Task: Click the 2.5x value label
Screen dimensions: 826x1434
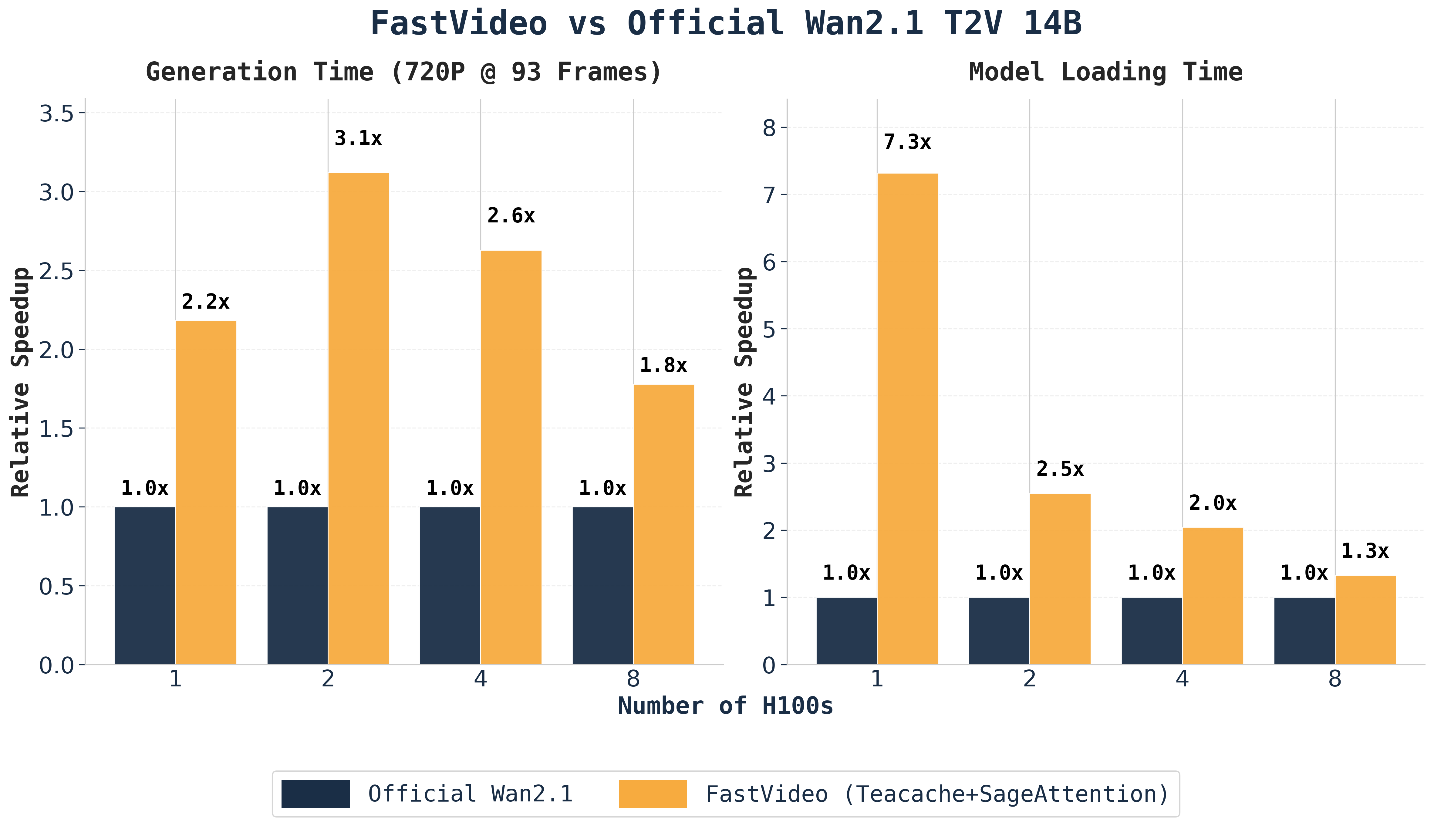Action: point(1060,469)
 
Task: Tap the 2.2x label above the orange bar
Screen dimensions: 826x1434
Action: point(206,302)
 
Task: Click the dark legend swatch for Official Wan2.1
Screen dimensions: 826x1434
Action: point(315,794)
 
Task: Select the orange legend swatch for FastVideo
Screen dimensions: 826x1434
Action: point(653,794)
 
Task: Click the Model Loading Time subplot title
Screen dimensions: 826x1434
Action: point(1106,72)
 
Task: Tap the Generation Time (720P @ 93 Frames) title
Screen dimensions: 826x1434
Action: point(404,72)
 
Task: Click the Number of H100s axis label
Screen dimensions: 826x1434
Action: point(725,706)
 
